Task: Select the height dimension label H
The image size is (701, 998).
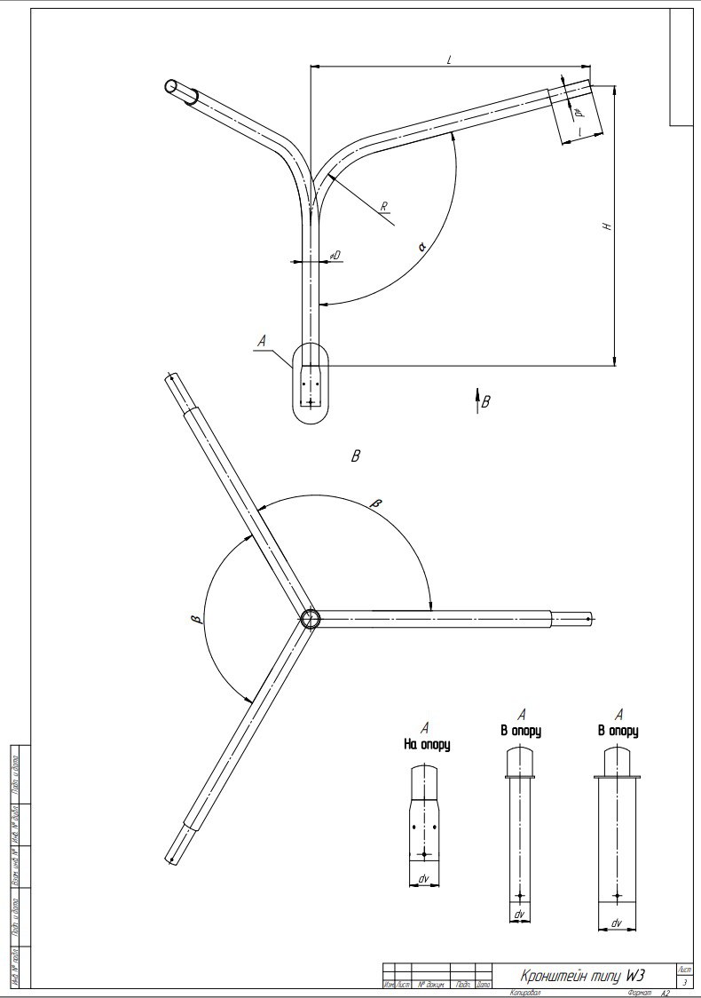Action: (x=607, y=226)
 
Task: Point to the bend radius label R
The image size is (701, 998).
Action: (x=384, y=207)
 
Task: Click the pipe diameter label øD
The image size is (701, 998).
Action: (x=335, y=256)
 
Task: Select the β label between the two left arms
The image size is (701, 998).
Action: (x=202, y=616)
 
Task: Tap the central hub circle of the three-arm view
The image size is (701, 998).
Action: (x=309, y=618)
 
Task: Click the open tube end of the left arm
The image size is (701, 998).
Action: (x=171, y=85)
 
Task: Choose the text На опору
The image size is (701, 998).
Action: (x=426, y=745)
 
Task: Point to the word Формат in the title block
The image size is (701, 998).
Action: (x=640, y=991)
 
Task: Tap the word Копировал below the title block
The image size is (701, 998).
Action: (x=525, y=991)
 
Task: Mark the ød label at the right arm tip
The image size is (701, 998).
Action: (x=577, y=114)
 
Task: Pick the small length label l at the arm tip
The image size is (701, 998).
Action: (x=579, y=131)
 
